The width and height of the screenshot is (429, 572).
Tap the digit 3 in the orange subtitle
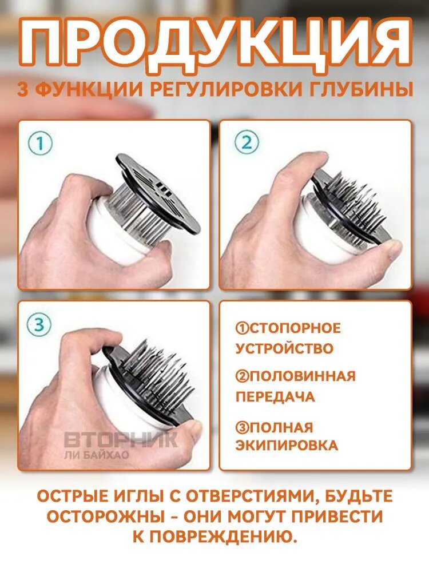23,90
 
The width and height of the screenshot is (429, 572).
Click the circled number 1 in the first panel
40,144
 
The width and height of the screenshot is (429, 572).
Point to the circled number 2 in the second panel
247,142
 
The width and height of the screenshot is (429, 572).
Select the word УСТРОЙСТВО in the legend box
284,348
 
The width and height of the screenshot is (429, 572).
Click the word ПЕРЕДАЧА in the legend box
275,396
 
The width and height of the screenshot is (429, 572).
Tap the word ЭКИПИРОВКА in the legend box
287,446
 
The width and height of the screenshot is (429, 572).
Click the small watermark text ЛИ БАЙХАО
97,455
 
